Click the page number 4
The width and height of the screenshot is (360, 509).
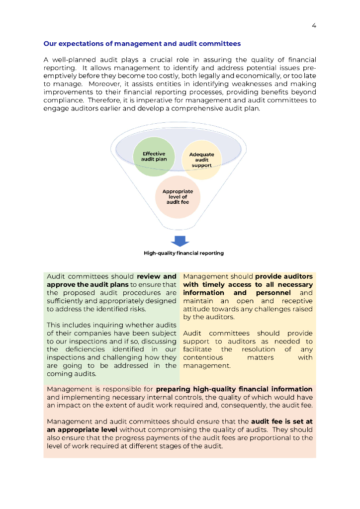tap(314, 26)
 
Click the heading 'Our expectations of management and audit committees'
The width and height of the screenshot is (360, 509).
tap(142, 44)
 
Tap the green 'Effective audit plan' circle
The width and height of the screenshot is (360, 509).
tap(154, 157)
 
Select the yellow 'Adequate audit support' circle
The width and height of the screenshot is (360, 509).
tap(202, 160)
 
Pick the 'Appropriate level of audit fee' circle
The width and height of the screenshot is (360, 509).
tap(178, 197)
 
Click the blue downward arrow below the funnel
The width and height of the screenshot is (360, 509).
tap(180, 241)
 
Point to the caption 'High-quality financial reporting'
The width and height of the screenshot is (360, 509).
tap(183, 253)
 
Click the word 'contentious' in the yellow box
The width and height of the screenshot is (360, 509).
tap(203, 357)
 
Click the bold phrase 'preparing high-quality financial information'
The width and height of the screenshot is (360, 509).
tap(234, 389)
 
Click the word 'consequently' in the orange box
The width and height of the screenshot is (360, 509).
tap(236, 406)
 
